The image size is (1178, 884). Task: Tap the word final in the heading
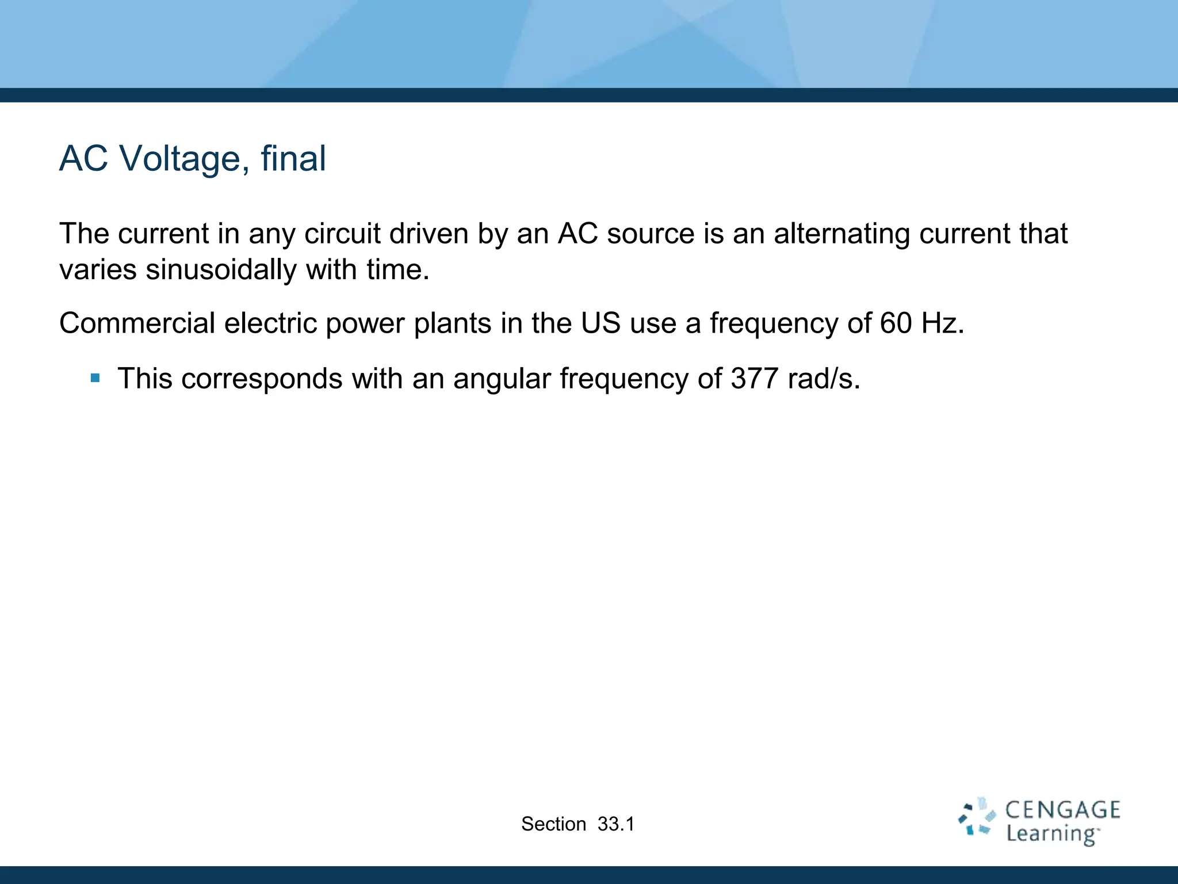[x=293, y=158]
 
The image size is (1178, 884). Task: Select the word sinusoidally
[x=220, y=269]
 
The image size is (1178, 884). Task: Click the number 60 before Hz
[x=896, y=323]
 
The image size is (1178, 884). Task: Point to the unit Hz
[x=942, y=323]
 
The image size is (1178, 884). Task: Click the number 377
[x=754, y=379]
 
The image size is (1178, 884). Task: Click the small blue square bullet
[x=95, y=379]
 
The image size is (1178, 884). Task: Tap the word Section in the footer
[x=553, y=824]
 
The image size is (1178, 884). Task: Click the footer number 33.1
[x=616, y=824]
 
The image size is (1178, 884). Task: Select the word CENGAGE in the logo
[x=1062, y=810]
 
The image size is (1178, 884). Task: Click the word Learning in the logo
[x=1051, y=834]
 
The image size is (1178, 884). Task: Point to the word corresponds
[x=262, y=380]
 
